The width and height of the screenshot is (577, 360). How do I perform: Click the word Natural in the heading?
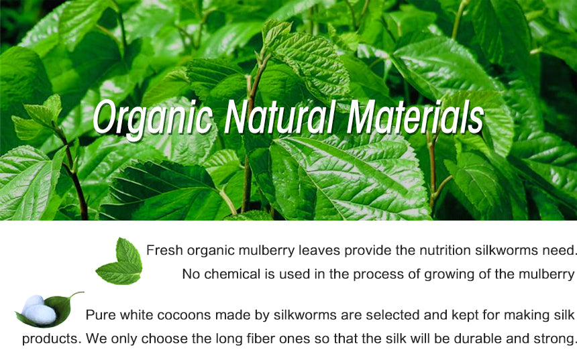pos(279,117)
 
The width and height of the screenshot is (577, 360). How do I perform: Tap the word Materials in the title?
pos(415,117)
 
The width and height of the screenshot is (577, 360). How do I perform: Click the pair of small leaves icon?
pos(119,261)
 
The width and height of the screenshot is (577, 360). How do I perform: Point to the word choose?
pos(164,339)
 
